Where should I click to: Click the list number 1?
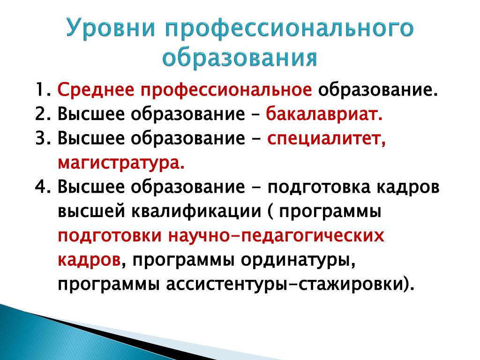point(43,90)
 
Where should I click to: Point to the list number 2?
point(43,114)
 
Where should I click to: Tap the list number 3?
point(43,138)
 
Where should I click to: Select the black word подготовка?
point(318,187)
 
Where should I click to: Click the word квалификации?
point(196,212)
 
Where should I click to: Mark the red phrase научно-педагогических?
point(276,237)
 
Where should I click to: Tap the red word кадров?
point(89,261)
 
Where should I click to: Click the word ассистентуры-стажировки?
point(284,285)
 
